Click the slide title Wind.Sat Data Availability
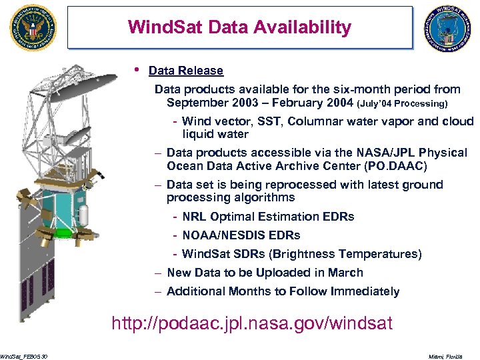239,27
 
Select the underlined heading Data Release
186,71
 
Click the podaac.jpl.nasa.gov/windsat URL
252,324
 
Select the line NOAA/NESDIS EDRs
241,235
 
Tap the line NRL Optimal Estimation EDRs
268,217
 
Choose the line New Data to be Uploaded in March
265,273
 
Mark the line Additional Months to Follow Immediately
283,291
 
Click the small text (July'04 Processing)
403,104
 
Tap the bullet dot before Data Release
137,69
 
